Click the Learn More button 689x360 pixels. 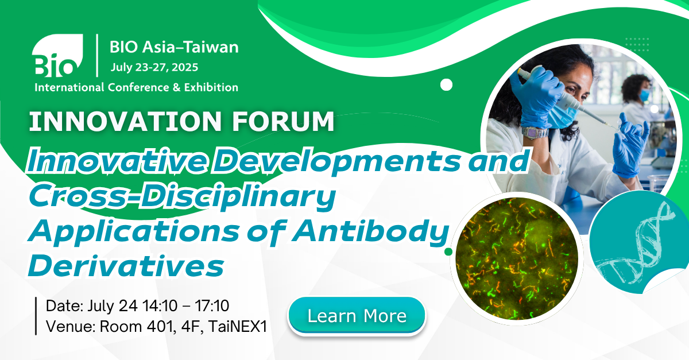pos(357,316)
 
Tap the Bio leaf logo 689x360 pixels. pos(57,55)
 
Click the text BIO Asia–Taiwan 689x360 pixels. pos(174,47)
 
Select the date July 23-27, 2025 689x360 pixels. pos(154,67)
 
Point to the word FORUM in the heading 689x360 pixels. pos(283,121)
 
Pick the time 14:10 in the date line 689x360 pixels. pos(160,305)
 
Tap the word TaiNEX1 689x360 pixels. pos(238,327)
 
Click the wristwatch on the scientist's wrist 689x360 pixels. pos(535,132)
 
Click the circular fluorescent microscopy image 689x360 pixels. pos(517,258)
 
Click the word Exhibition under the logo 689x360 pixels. pos(211,87)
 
